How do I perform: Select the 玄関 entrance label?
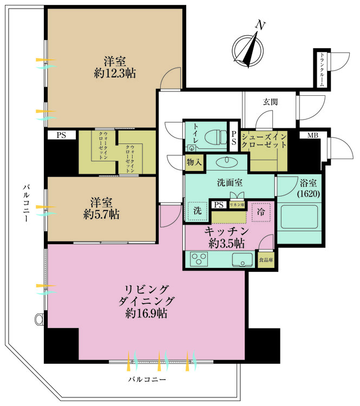pyautogui.click(x=271, y=101)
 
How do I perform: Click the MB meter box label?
pyautogui.click(x=312, y=135)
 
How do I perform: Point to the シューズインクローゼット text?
pyautogui.click(x=264, y=140)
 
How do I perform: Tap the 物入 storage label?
pyautogui.click(x=194, y=161)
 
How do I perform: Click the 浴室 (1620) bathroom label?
pyautogui.click(x=309, y=187)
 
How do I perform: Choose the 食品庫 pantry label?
pyautogui.click(x=265, y=259)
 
